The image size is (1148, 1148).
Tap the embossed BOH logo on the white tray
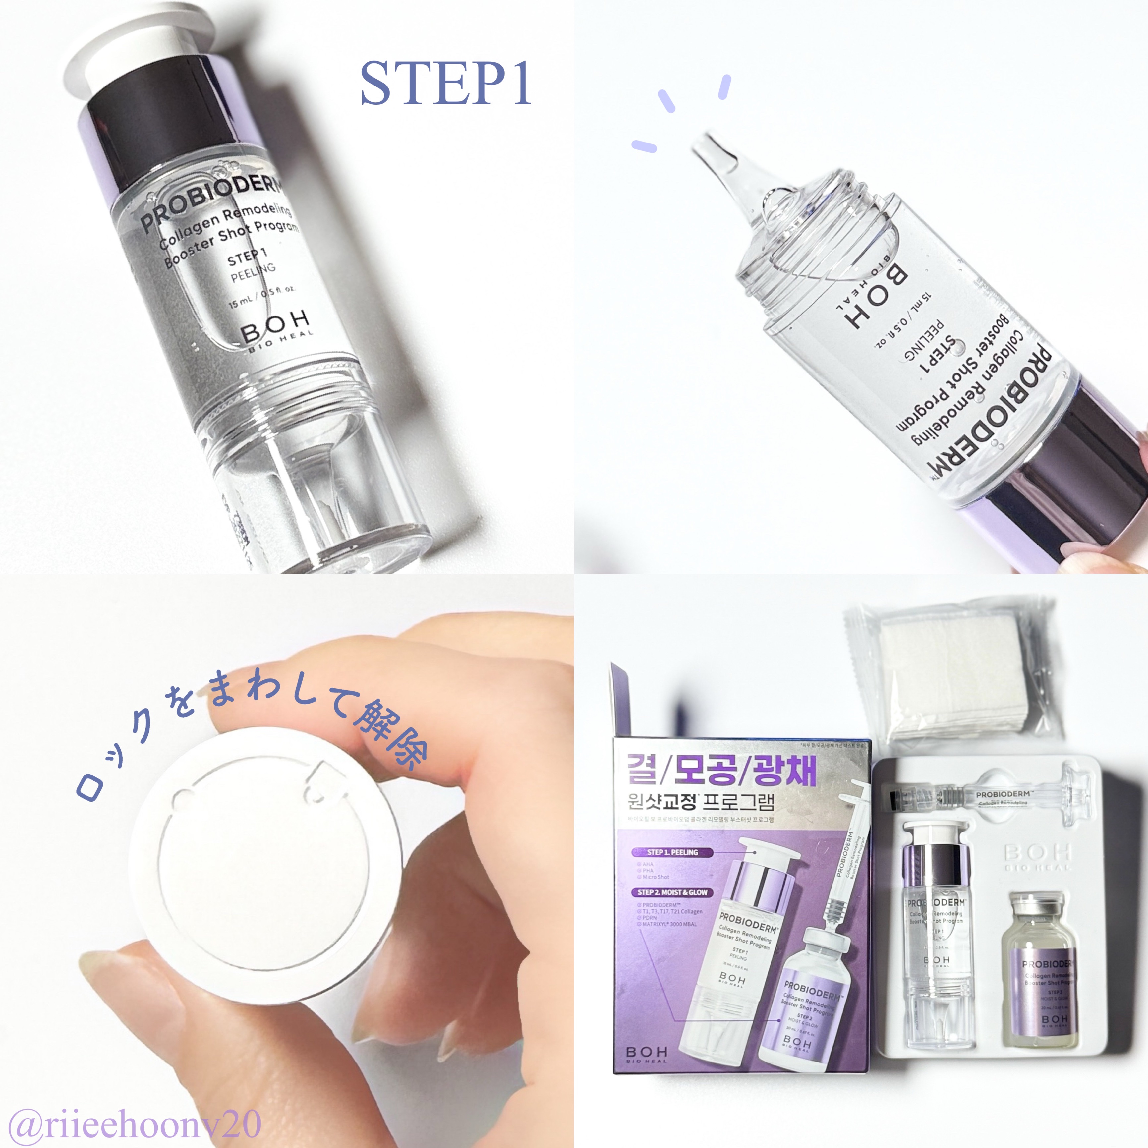(1037, 856)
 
